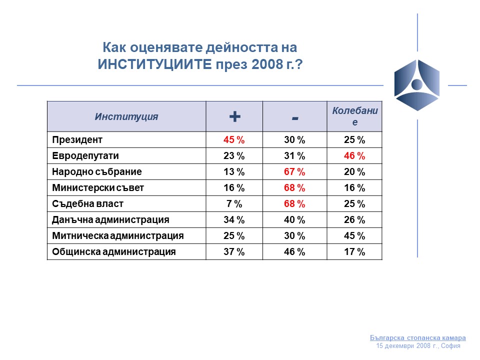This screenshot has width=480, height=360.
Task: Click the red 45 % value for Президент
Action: tap(234, 140)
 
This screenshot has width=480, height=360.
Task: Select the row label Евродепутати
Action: tap(85, 156)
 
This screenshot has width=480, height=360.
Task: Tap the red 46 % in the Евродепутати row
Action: tap(354, 156)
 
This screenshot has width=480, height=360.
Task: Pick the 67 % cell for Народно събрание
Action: tap(294, 171)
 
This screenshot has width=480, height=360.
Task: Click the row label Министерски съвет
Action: tap(98, 187)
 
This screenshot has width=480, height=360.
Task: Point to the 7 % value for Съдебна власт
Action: tap(234, 203)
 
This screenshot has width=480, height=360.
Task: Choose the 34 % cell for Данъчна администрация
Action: tap(234, 220)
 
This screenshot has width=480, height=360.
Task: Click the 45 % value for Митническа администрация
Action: tap(354, 235)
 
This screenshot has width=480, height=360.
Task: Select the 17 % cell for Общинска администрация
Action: tap(354, 251)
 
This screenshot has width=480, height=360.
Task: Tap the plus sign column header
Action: tap(235, 116)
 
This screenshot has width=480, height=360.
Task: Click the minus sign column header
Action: tap(295, 118)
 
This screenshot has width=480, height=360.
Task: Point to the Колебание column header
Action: tap(355, 116)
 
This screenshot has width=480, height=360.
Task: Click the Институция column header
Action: tap(126, 116)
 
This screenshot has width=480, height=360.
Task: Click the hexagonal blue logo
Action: tap(417, 85)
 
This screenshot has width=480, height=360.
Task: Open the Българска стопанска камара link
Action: tap(418, 337)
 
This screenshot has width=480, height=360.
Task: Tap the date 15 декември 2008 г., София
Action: tap(418, 346)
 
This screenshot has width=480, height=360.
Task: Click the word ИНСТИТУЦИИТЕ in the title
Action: tap(155, 64)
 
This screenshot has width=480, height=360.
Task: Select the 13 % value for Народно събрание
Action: tap(234, 171)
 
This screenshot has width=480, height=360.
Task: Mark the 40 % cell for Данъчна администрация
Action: tap(294, 220)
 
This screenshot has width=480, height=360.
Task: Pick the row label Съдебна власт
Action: tap(88, 204)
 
